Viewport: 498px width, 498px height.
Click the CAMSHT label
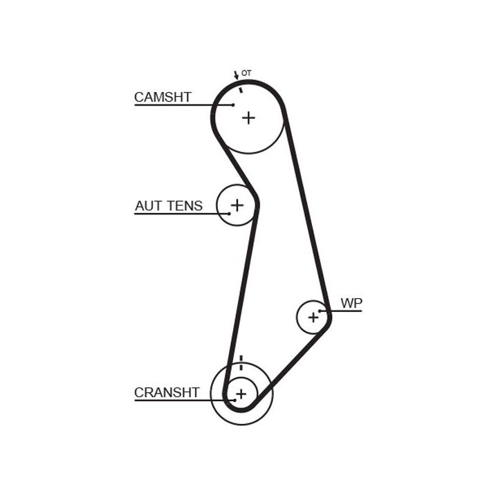163,98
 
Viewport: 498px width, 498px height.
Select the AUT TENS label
169,206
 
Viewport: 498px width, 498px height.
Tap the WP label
351,303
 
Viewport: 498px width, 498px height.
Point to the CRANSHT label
167,393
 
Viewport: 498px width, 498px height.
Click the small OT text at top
246,73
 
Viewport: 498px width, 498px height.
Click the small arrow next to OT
237,75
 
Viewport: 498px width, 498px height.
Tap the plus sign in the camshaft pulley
248,118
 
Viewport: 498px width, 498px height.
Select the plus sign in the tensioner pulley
237,205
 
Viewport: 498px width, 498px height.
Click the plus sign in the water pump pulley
313,317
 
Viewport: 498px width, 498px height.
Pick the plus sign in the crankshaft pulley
241,394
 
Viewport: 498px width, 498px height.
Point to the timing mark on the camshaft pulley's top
241,88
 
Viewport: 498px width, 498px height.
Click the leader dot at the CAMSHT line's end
233,105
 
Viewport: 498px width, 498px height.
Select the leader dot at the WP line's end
320,311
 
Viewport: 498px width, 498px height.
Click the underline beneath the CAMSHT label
173,105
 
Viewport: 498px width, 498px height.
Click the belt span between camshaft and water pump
306,207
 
